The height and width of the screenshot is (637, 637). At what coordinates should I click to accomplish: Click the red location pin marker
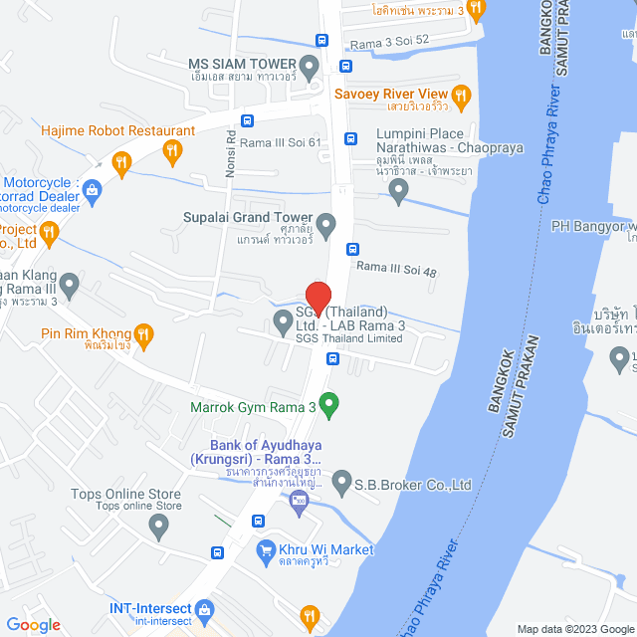318,299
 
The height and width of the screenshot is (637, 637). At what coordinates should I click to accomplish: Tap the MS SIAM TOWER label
243,64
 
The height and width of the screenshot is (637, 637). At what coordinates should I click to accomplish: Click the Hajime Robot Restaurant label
117,130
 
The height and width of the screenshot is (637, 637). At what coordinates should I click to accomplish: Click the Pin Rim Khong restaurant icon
143,333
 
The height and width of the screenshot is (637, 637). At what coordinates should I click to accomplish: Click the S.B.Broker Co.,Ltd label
413,486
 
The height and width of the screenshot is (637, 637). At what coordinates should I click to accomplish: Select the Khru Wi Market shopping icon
266,549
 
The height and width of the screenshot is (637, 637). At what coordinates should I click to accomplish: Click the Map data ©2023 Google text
574,629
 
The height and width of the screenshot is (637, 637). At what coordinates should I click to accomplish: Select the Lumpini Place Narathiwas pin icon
399,190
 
